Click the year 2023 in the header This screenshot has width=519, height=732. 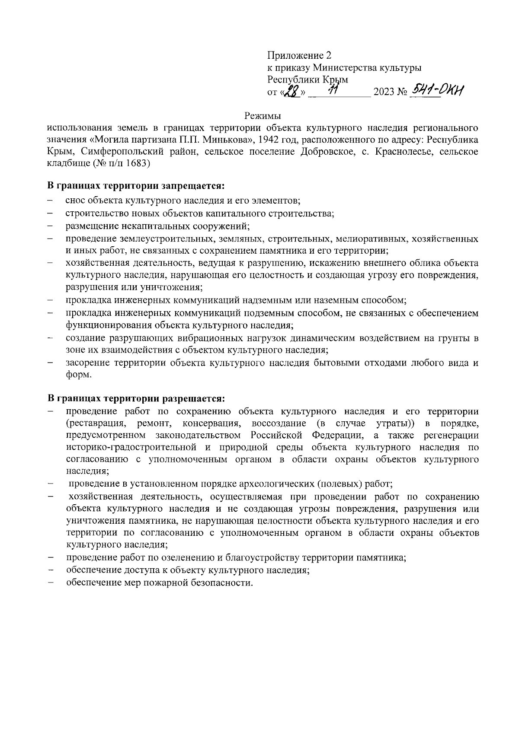point(384,92)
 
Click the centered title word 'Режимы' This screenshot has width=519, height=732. point(263,116)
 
